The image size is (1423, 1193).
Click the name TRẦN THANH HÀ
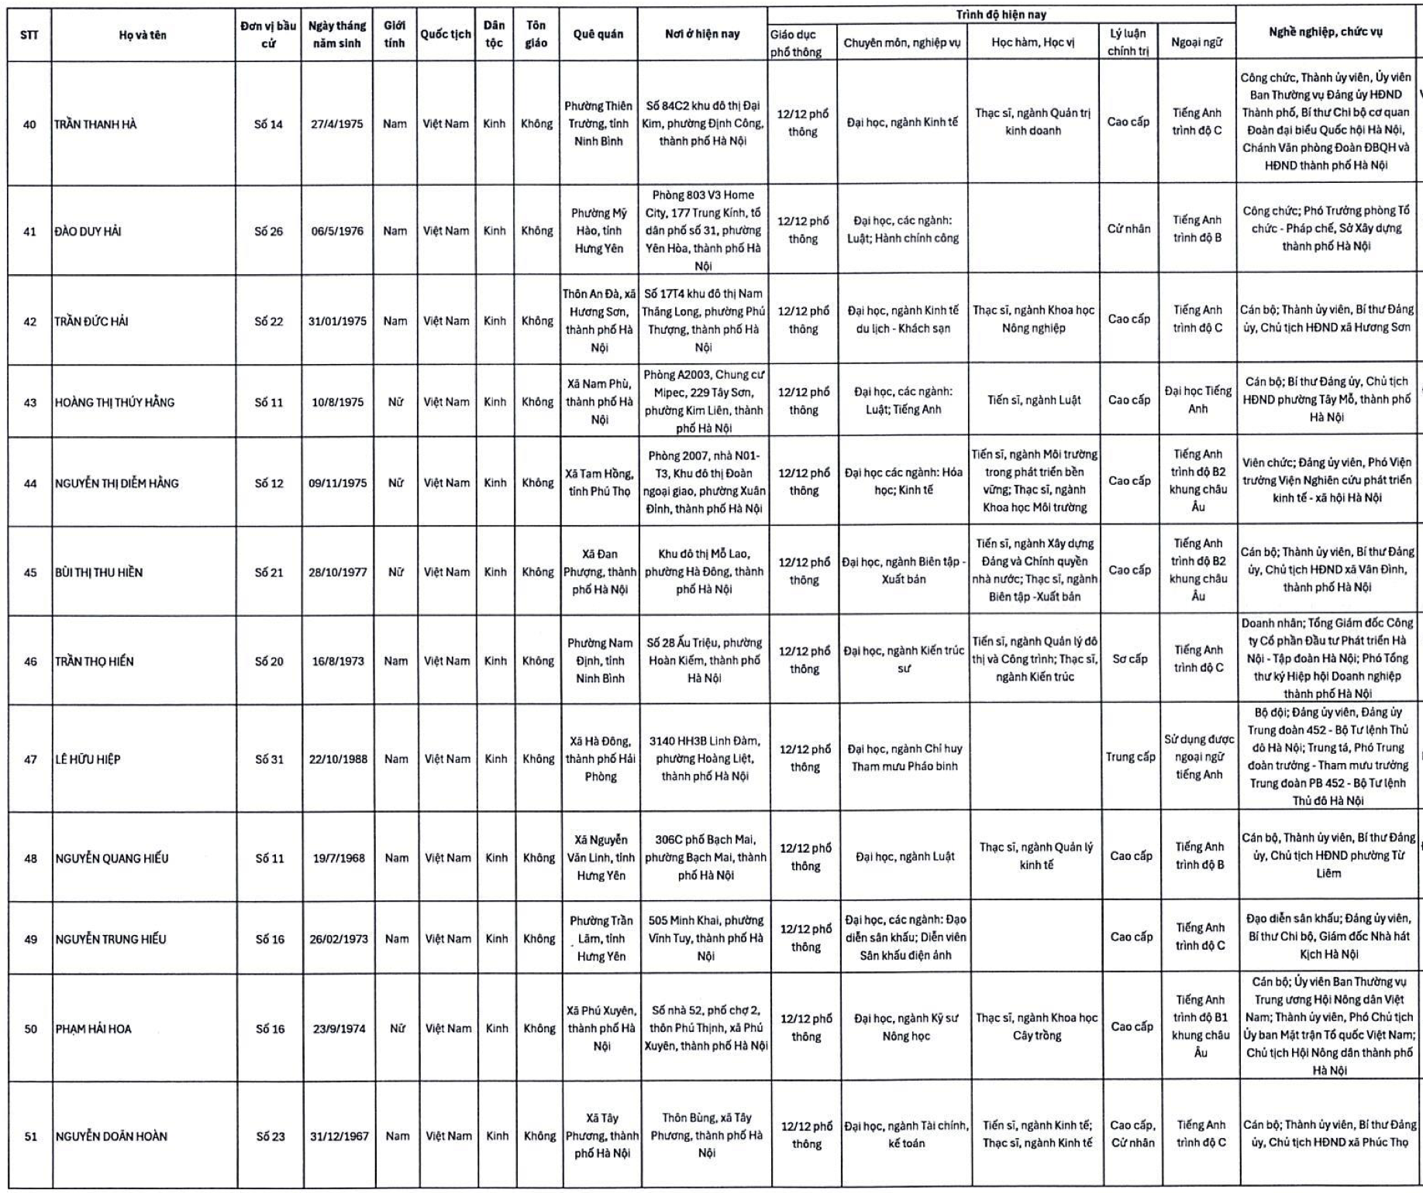(x=95, y=124)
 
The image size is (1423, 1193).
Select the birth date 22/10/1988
(x=338, y=759)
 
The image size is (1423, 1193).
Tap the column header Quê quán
(x=598, y=34)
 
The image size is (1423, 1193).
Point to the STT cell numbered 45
(x=30, y=572)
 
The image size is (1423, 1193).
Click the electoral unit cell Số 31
(x=269, y=759)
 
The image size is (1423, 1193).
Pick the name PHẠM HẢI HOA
(x=94, y=1029)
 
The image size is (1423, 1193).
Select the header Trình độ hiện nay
(x=1001, y=15)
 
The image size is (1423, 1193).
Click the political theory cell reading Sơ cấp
(x=1129, y=659)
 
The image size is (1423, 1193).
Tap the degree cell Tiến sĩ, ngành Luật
(x=1034, y=401)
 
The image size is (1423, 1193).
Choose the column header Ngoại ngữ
(x=1197, y=43)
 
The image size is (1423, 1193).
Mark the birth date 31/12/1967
(x=339, y=1136)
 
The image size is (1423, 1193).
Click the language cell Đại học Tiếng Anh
(x=1197, y=400)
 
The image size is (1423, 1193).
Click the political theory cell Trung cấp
(x=1130, y=757)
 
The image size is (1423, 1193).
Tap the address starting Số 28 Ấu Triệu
(x=704, y=660)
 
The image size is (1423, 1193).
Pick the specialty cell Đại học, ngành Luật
(x=904, y=857)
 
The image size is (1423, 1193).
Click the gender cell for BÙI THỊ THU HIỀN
(x=395, y=572)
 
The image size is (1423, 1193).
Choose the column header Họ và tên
(x=143, y=35)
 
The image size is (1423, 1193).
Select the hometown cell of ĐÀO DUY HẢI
(x=598, y=231)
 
